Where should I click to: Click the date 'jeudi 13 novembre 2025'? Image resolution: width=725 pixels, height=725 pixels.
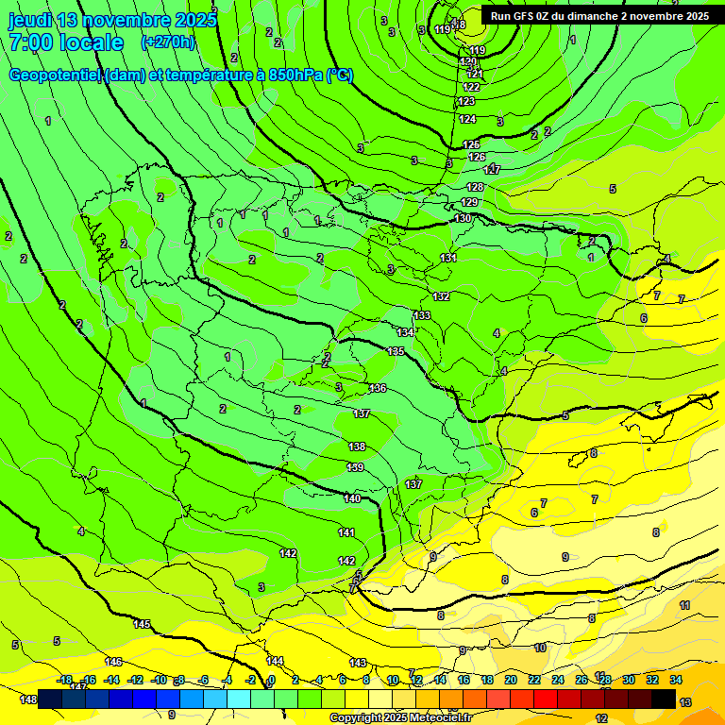coord(112,19)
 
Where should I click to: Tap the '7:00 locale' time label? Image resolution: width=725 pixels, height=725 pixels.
coord(66,42)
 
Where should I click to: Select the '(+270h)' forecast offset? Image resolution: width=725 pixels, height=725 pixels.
coord(167,42)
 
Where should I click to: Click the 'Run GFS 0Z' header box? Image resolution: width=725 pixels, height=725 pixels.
coord(599,16)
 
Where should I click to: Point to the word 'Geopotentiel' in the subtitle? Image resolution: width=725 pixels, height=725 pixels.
coord(56,76)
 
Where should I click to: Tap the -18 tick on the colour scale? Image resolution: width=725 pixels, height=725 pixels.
coord(65,680)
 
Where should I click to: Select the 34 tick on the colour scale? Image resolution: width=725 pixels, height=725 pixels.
coord(676,680)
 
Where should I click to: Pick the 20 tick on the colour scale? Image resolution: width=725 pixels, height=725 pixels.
coord(510,680)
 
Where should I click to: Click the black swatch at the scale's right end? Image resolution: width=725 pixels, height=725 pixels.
coord(663,699)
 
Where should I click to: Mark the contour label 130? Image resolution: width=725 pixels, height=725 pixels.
coord(463,218)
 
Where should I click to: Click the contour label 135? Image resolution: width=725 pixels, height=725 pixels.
coord(396,351)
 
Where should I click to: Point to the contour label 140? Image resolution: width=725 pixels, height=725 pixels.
coord(352,498)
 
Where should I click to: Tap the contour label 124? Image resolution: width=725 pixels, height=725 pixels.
coord(467,119)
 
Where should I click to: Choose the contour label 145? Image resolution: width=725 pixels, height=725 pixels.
coord(142,624)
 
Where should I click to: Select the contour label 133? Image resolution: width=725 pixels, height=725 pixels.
coord(422,315)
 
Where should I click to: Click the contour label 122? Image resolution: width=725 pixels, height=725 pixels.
coord(471,87)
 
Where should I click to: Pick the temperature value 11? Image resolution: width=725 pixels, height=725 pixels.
coord(684,605)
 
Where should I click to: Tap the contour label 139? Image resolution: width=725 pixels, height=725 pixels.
coord(355,467)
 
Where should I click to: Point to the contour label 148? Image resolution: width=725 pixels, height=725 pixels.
coord(28,700)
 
